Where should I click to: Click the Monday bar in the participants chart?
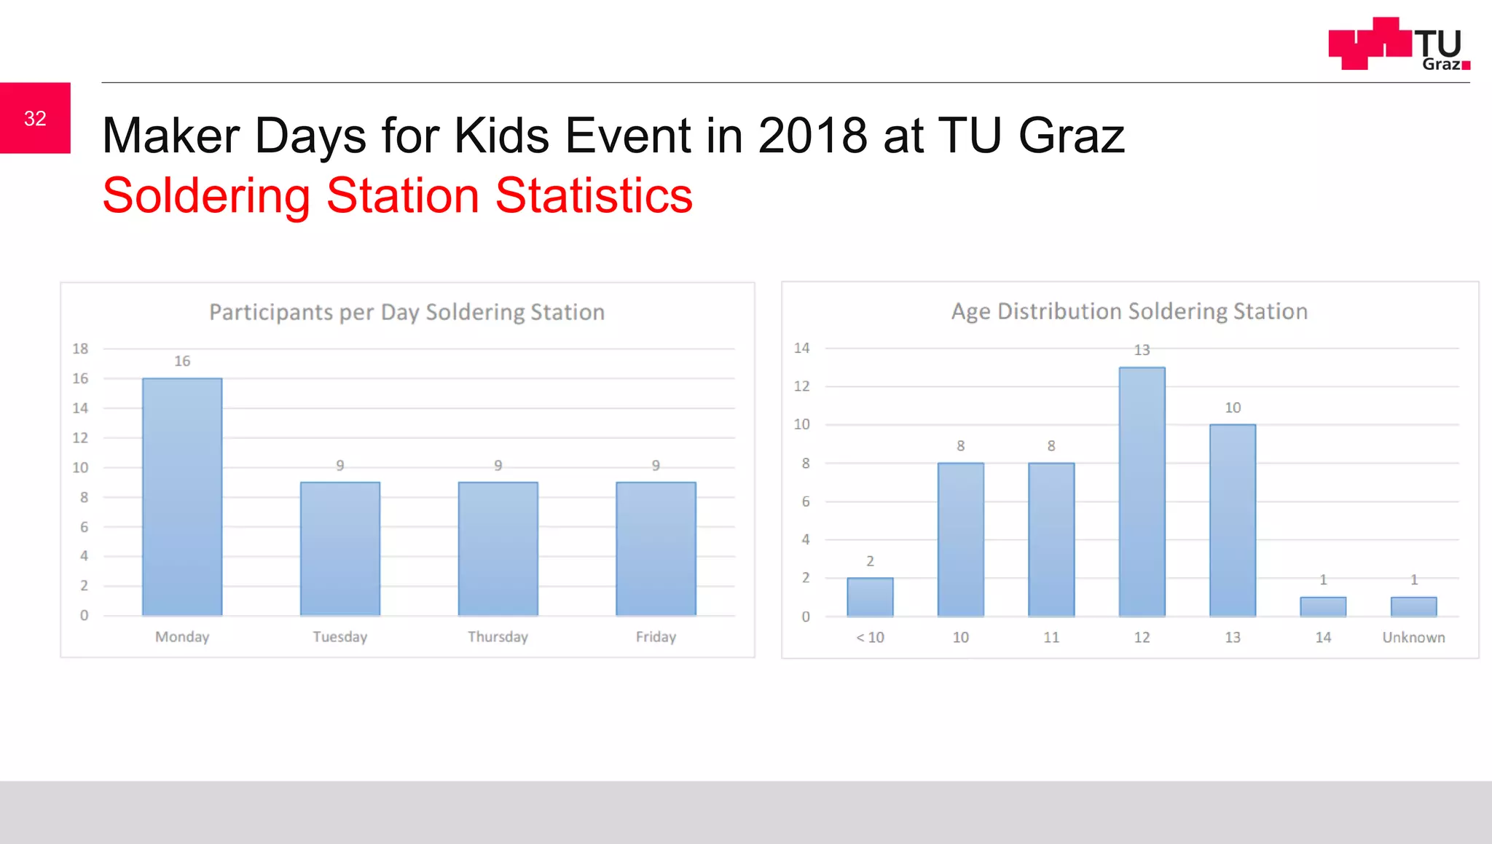[x=182, y=496]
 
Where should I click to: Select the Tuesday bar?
[x=340, y=548]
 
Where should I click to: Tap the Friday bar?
[x=656, y=548]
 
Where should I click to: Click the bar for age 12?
[x=1142, y=492]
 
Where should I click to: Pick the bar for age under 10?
[x=870, y=597]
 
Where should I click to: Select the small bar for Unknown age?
[x=1413, y=606]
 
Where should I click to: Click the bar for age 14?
[x=1323, y=606]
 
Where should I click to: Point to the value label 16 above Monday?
[x=182, y=361]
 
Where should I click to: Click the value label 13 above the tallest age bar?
[x=1142, y=350]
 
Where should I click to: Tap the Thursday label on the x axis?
[x=498, y=636]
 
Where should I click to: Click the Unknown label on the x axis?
[x=1413, y=637]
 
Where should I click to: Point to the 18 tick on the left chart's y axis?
[x=80, y=348]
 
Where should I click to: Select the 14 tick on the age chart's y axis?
[x=801, y=348]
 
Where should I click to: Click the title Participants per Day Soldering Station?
[x=407, y=312]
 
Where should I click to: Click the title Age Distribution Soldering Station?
[x=1129, y=311]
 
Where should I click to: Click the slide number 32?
[x=35, y=118]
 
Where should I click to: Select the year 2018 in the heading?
[x=812, y=136]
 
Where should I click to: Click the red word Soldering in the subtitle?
[x=206, y=195]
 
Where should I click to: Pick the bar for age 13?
[x=1233, y=520]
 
